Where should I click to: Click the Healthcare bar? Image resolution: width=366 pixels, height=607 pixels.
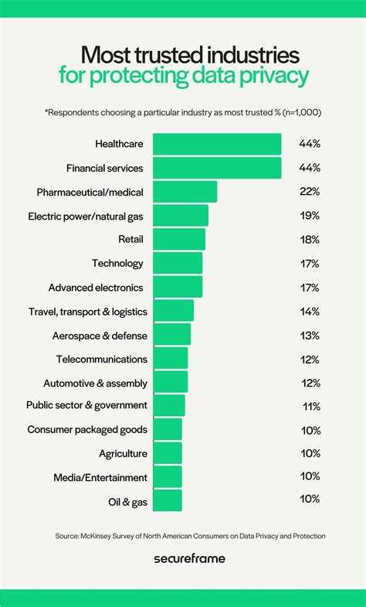[217, 144]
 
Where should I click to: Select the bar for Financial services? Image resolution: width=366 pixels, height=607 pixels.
[217, 168]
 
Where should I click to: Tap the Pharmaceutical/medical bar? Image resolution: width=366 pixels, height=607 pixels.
[185, 192]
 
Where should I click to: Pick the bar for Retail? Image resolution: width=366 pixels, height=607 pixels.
[179, 239]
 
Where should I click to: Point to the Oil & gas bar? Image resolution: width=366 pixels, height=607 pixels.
[168, 500]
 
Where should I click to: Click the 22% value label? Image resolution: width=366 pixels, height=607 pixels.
[310, 192]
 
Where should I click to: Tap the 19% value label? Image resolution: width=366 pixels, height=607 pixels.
[310, 216]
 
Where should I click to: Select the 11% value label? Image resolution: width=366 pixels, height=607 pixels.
[310, 405]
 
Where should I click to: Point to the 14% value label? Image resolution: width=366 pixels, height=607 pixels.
[310, 311]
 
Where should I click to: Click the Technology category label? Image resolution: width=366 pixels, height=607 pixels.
[117, 263]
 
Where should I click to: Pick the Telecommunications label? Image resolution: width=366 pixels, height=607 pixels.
[101, 359]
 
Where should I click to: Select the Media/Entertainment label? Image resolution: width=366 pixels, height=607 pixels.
[100, 477]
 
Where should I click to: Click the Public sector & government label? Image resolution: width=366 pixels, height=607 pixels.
[86, 405]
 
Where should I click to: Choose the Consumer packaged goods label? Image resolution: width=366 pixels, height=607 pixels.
[87, 429]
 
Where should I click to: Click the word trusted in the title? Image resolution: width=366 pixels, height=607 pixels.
[169, 55]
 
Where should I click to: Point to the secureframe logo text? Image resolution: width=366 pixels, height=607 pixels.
[183, 558]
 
